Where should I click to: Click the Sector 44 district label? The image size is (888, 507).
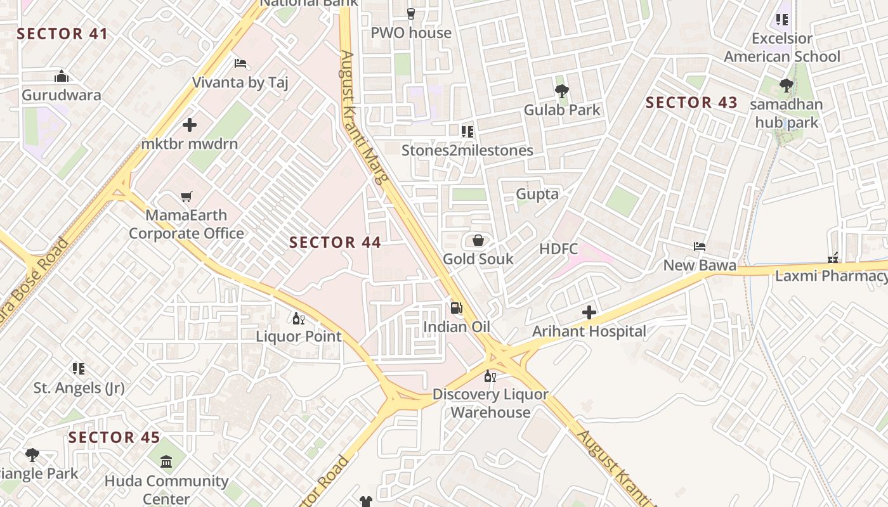pyautogui.click(x=335, y=242)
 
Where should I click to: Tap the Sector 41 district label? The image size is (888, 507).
pyautogui.click(x=62, y=34)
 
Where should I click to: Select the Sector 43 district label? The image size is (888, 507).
pyautogui.click(x=691, y=102)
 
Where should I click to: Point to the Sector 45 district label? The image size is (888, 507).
pyautogui.click(x=114, y=437)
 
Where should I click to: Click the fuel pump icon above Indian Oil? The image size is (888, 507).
pyautogui.click(x=456, y=309)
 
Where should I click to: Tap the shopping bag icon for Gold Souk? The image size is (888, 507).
pyautogui.click(x=478, y=240)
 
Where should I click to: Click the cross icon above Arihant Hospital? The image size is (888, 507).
pyautogui.click(x=589, y=312)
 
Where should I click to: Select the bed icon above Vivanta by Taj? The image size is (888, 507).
pyautogui.click(x=240, y=63)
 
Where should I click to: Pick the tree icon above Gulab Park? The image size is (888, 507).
pyautogui.click(x=561, y=91)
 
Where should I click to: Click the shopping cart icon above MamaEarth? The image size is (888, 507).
pyautogui.click(x=186, y=197)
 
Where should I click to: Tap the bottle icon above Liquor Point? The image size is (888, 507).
pyautogui.click(x=298, y=318)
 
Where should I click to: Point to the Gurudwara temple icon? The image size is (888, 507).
pyautogui.click(x=62, y=77)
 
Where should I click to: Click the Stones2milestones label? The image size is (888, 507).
pyautogui.click(x=467, y=150)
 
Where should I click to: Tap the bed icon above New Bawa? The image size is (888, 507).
pyautogui.click(x=700, y=247)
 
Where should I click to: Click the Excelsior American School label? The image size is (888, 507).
pyautogui.click(x=782, y=48)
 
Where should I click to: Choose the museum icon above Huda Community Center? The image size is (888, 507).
pyautogui.click(x=166, y=461)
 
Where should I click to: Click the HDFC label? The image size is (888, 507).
pyautogui.click(x=559, y=248)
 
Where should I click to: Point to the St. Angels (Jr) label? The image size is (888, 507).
pyautogui.click(x=79, y=387)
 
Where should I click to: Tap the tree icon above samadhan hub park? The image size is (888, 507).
pyautogui.click(x=787, y=86)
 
